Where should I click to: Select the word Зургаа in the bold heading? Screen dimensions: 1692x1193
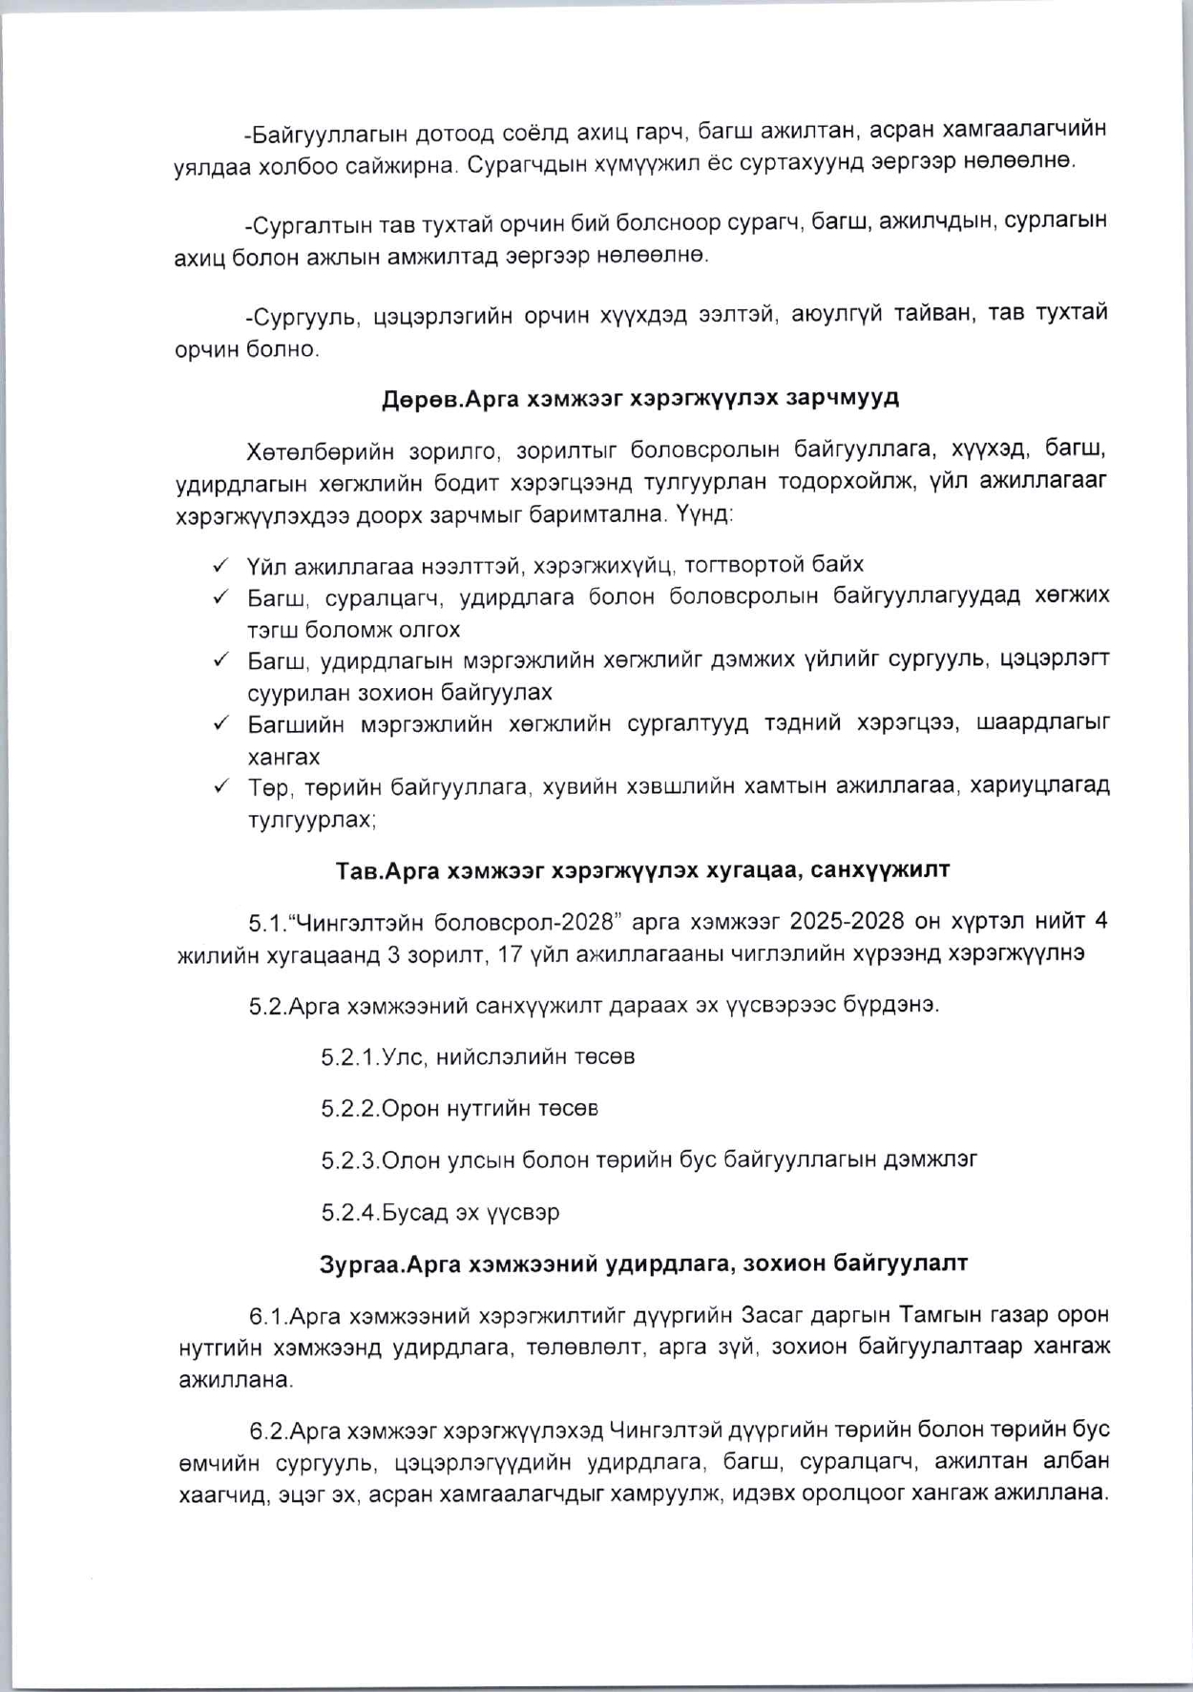tap(356, 1264)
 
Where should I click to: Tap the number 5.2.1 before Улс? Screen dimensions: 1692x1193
tap(350, 1057)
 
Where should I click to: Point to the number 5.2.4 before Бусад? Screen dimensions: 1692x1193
tap(350, 1213)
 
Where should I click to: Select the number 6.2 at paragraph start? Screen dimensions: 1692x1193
tap(267, 1431)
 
